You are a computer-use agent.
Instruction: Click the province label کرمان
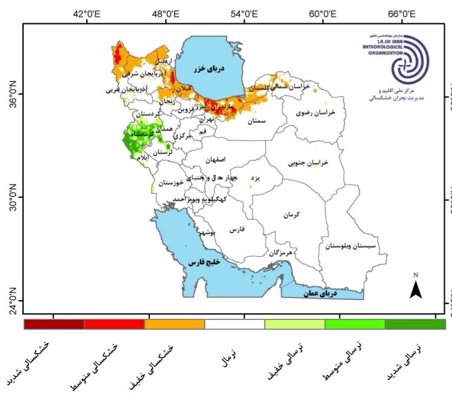pos(291,214)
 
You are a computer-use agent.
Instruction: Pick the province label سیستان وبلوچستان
pos(351,246)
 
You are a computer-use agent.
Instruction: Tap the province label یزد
pos(255,178)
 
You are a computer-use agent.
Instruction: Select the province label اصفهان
pos(215,160)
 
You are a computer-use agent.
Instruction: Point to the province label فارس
pos(237,230)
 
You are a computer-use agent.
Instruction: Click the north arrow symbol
pos(416,287)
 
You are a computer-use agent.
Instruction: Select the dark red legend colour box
pos(53,324)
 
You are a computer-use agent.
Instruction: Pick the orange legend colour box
pos(174,324)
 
